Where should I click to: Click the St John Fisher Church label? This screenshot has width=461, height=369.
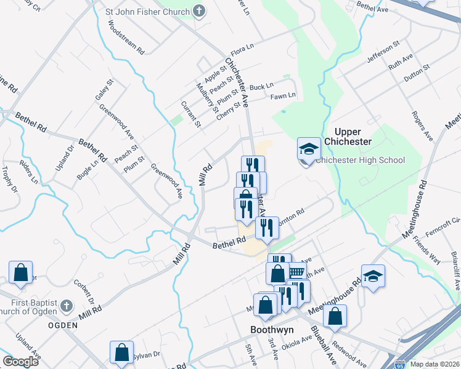tap(146, 11)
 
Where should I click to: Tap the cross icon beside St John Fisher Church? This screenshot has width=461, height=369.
tap(199, 10)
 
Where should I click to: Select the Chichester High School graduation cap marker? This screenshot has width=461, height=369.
tap(309, 149)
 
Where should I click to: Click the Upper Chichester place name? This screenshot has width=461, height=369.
tap(353, 137)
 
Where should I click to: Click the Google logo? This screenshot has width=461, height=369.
tap(20, 361)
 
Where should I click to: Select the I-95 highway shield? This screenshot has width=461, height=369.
tap(401, 364)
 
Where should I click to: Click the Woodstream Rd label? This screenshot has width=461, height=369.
tap(125, 36)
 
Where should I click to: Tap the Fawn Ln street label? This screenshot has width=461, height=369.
tap(283, 95)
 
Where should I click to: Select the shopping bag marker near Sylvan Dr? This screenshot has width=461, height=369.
tap(121, 352)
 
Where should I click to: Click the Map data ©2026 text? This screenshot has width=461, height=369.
tap(434, 364)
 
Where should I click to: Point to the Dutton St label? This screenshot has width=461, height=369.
tap(417, 72)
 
